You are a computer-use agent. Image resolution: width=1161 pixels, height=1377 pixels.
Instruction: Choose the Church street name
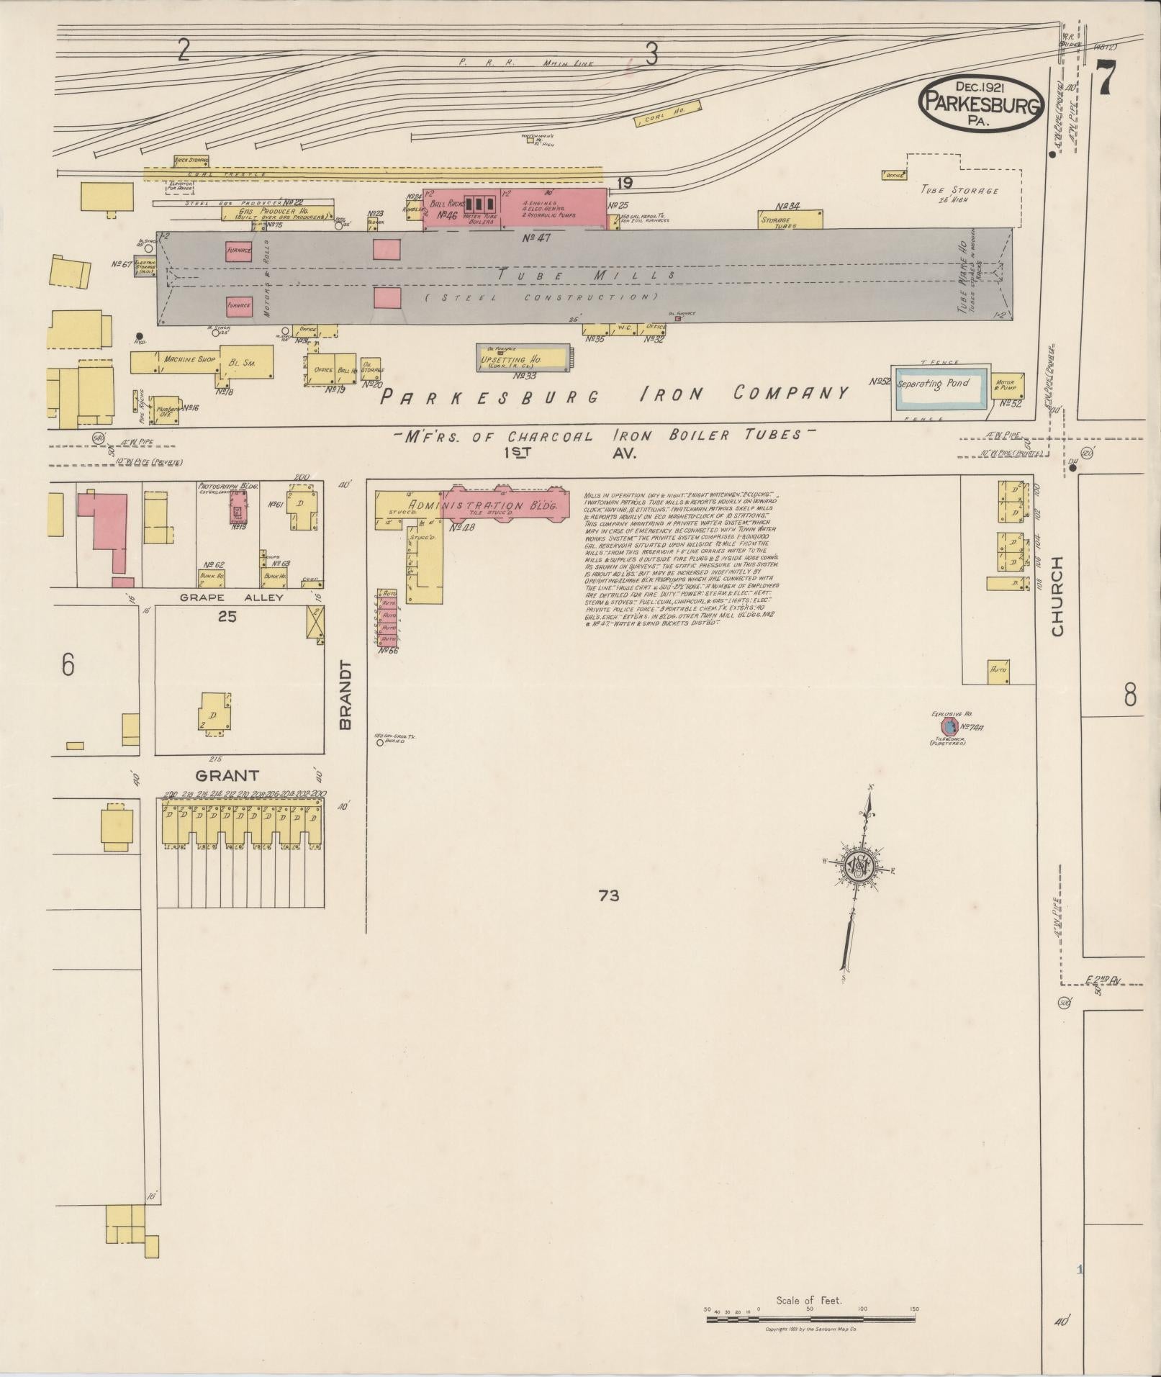1057,597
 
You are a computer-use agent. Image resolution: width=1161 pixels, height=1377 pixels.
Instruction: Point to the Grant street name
227,775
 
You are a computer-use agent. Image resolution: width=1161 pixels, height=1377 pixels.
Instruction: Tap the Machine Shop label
189,358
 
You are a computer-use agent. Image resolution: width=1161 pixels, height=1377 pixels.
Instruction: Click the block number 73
608,895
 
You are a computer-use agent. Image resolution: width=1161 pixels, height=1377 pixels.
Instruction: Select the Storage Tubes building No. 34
790,220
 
